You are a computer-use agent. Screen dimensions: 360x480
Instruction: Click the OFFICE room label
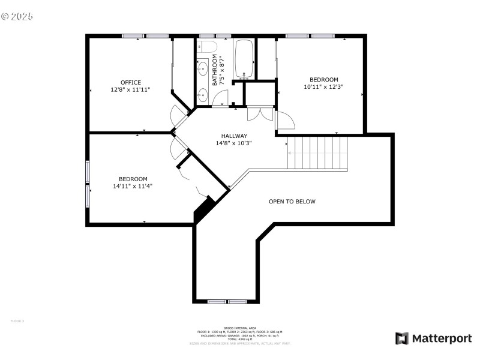(130, 83)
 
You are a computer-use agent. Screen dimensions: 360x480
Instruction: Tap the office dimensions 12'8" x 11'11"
(130, 90)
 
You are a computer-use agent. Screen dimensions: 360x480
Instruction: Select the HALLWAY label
(233, 136)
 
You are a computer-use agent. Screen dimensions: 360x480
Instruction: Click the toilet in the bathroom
(207, 47)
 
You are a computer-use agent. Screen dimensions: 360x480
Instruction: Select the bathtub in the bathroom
(244, 58)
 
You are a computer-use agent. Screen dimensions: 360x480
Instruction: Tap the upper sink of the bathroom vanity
(202, 67)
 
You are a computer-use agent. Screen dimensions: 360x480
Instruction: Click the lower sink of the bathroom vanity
(202, 94)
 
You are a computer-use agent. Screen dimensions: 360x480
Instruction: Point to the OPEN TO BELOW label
(292, 202)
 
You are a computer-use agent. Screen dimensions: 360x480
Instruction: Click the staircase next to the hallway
(317, 153)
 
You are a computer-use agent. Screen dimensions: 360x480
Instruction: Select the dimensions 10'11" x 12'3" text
(323, 87)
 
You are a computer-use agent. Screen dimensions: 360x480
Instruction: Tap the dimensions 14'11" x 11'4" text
(133, 186)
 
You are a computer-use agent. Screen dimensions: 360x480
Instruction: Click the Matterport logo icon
(401, 338)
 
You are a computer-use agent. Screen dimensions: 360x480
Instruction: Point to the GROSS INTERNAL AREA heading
(239, 328)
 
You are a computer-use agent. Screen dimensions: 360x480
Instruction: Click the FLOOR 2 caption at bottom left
(17, 321)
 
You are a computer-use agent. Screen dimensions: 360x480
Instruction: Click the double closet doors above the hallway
(260, 114)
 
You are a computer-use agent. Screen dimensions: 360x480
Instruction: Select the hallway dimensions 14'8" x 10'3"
(233, 143)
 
